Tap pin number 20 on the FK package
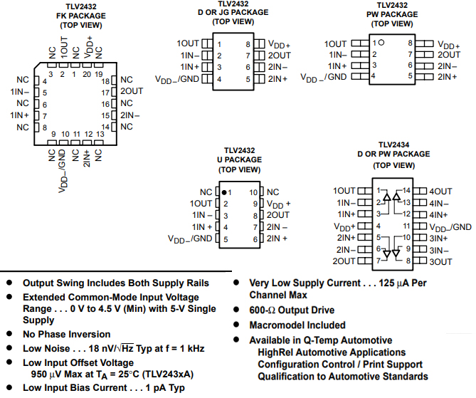[85, 74]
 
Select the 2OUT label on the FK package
[132, 91]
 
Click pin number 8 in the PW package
[411, 43]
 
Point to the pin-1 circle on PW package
[382, 43]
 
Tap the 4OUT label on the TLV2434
[440, 191]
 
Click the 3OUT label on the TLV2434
[440, 262]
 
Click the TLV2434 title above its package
[393, 142]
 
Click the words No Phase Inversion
[66, 334]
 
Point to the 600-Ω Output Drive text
[291, 310]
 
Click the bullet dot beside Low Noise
[9, 348]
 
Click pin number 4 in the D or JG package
[219, 78]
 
